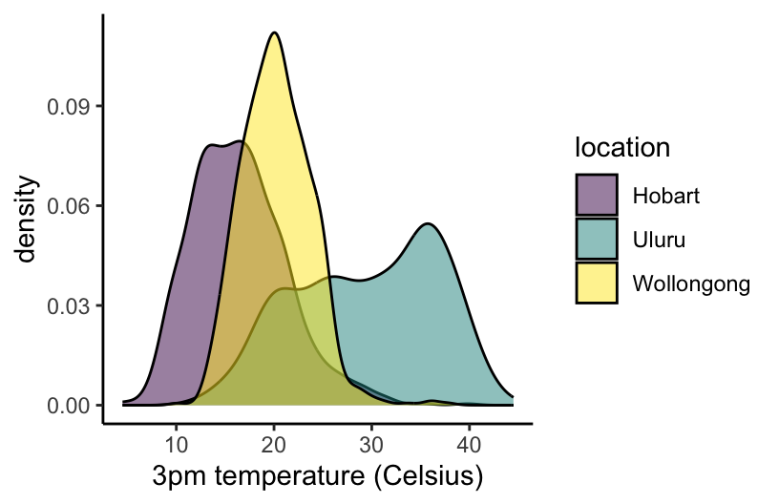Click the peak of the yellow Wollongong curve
[275, 33]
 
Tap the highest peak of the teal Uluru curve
[429, 224]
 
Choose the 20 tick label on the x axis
[275, 444]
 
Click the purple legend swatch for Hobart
[597, 196]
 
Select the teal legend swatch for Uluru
[597, 239]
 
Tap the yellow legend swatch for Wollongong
[597, 283]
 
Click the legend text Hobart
[666, 197]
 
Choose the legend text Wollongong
[691, 283]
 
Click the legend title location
[621, 148]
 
